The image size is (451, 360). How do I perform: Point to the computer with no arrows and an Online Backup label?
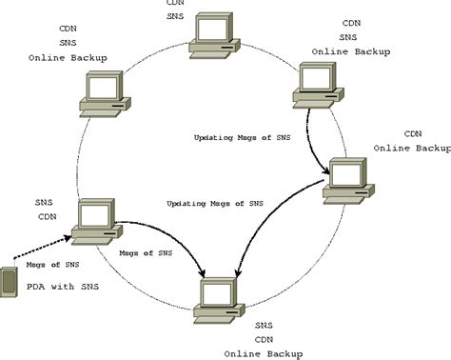pos(102,92)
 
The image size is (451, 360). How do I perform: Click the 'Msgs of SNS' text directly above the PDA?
pos(35,265)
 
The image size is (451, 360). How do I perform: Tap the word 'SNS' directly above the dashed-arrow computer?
pos(44,202)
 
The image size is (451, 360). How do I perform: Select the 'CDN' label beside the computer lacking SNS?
pos(413,133)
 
